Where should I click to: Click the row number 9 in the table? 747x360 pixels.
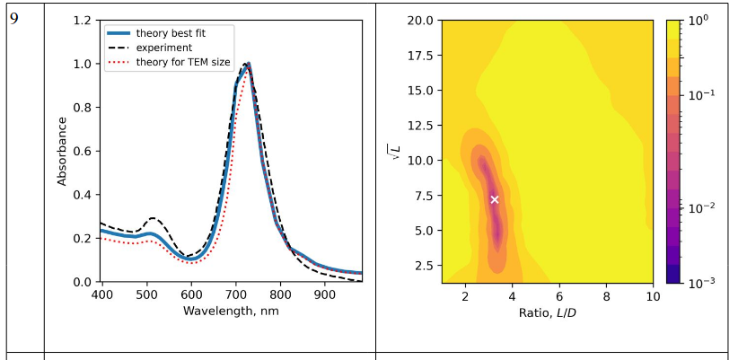pyautogui.click(x=14, y=16)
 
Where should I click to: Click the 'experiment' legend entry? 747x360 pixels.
pyautogui.click(x=160, y=48)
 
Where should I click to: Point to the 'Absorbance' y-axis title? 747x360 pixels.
pyautogui.click(x=63, y=151)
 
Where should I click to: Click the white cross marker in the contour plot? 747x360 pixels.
pyautogui.click(x=494, y=199)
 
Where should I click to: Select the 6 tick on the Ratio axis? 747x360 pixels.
pyautogui.click(x=559, y=294)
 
